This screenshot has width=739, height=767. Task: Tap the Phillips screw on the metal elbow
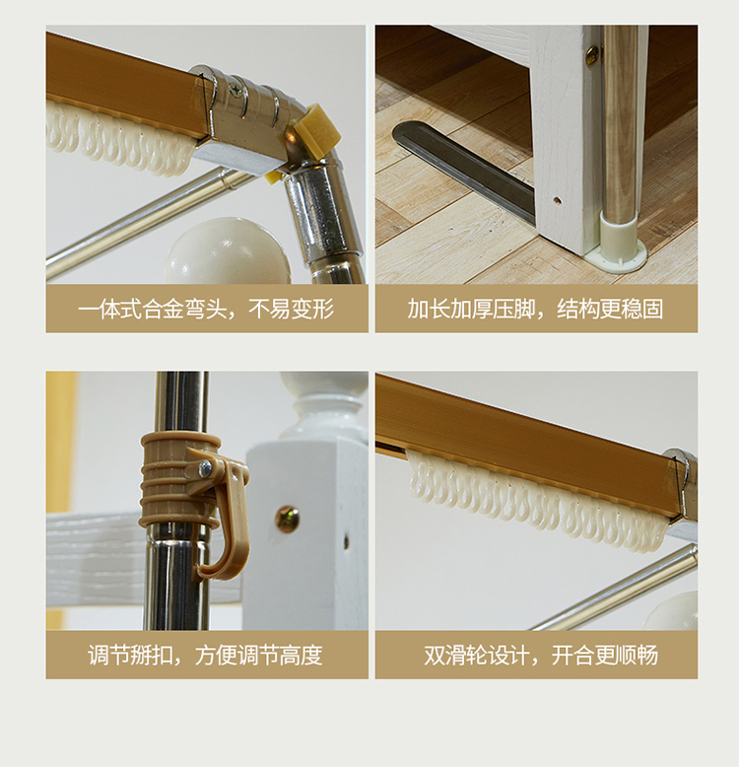point(236,91)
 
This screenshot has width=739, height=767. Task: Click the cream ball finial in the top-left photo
point(228,252)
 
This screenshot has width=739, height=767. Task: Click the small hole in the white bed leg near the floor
point(557,200)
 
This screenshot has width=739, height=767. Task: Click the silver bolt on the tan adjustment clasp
point(206,469)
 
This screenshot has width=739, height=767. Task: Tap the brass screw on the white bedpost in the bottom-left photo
point(288,520)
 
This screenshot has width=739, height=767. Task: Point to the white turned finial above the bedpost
point(323,404)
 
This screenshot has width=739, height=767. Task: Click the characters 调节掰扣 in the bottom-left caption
point(130,656)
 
